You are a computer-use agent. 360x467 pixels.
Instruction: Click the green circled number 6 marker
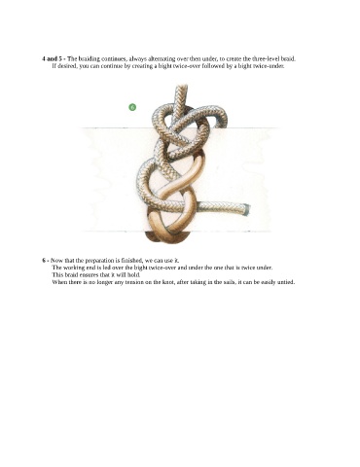click(x=132, y=107)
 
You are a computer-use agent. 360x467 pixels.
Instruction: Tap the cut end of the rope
click(x=247, y=209)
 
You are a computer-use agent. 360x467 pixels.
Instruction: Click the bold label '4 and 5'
click(x=52, y=59)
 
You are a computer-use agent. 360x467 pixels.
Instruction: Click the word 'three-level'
click(x=266, y=59)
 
